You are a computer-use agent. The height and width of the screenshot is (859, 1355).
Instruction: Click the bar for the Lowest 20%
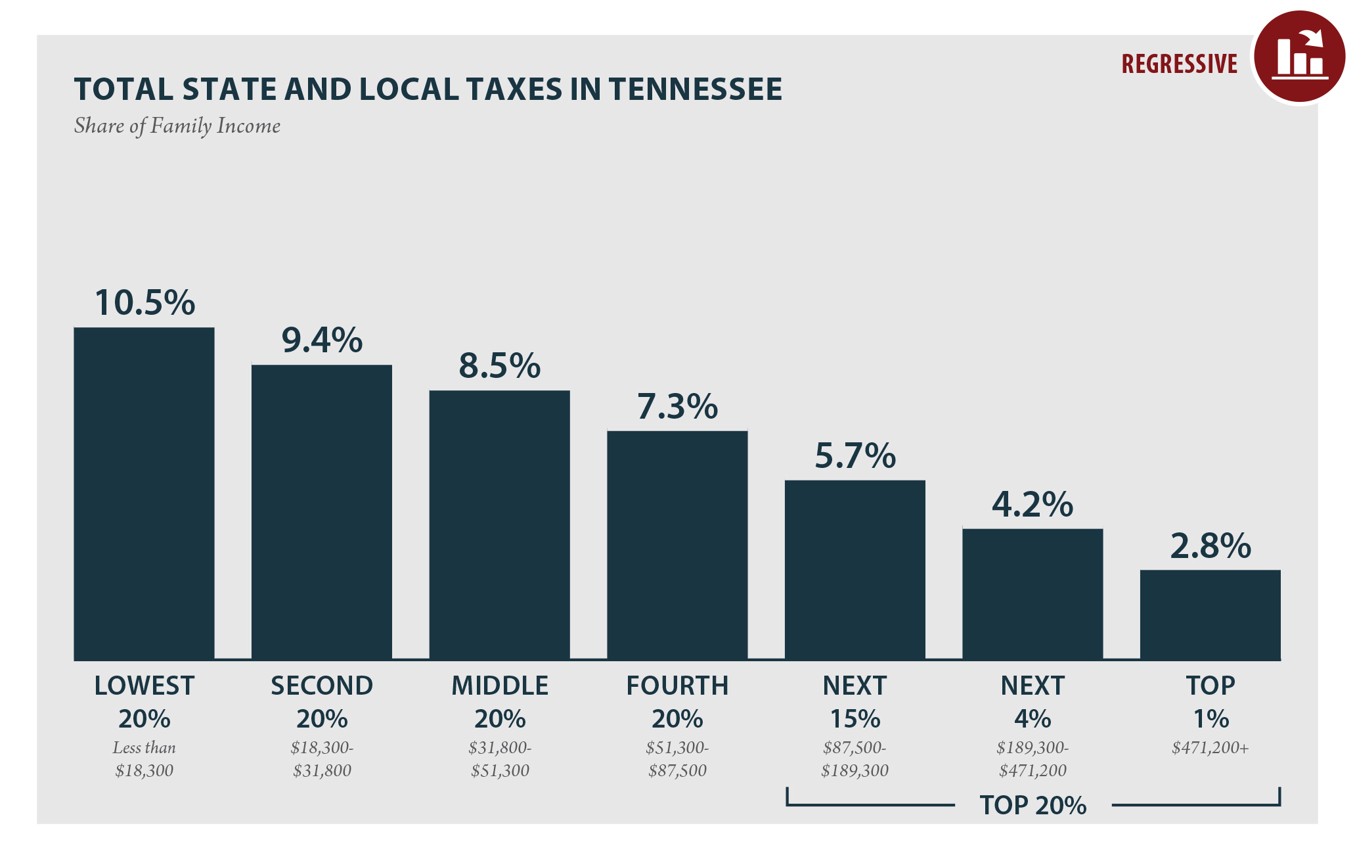pos(144,493)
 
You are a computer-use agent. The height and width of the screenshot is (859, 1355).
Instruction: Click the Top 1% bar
pos(1210,615)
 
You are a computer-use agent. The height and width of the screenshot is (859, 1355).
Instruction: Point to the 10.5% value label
pos(144,303)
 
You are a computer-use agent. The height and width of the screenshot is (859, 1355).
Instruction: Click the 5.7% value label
pos(855,456)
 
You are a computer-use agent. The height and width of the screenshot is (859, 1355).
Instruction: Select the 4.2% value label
pos(1032,505)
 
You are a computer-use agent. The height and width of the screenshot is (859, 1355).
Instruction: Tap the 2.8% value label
pos(1210,546)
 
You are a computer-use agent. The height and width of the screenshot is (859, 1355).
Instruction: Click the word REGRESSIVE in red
pos(1179,64)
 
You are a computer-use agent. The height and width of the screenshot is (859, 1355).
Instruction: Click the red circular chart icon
pos(1299,57)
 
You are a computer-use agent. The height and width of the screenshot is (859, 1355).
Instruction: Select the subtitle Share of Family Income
pos(177,126)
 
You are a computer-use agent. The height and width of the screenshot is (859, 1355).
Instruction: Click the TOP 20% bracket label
pos(1033,805)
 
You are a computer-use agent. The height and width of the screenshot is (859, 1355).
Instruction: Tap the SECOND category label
pos(322,686)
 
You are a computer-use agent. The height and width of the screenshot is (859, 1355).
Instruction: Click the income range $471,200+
pos(1210,748)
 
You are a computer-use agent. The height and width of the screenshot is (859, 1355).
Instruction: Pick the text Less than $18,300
pos(144,759)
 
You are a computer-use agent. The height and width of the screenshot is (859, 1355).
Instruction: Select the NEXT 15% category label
pos(855,702)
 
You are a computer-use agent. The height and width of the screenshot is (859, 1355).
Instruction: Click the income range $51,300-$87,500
pos(677,759)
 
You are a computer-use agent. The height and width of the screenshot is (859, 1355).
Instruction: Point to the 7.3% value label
pos(677,407)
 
